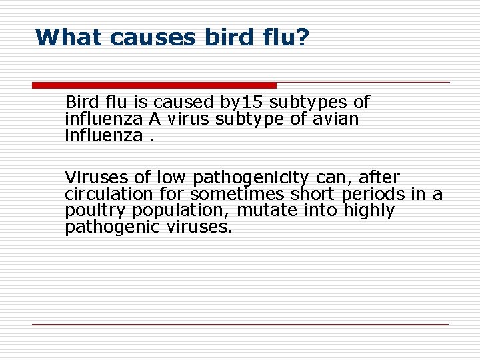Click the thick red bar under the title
coord(154,85)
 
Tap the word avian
coord(336,119)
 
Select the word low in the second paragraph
coord(172,178)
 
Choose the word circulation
coord(109,194)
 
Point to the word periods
coord(373,194)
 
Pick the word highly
coord(369,211)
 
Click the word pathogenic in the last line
coord(113,227)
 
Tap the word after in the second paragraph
coord(379,178)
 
